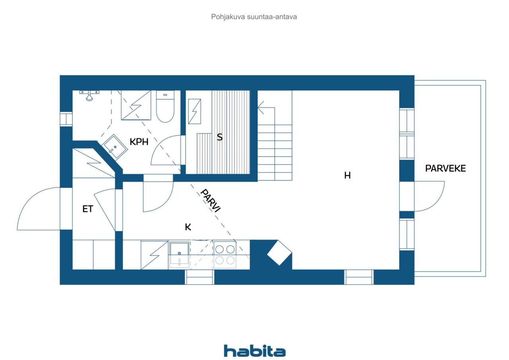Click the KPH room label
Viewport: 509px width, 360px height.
point(139,142)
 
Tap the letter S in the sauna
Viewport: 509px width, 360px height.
point(220,137)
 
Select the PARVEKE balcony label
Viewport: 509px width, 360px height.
point(445,168)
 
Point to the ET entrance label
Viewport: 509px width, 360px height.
point(88,209)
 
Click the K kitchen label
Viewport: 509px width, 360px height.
point(188,227)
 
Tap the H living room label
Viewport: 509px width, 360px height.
point(347,175)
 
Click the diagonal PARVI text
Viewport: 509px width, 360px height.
point(210,200)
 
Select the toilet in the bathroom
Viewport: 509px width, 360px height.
point(165,106)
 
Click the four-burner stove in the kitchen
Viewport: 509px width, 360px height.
point(225,255)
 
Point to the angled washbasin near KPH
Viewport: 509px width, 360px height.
point(115,147)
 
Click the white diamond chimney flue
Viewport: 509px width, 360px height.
point(279,253)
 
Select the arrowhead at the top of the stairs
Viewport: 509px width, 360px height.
point(260,107)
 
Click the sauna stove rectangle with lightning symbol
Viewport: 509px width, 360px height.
point(194,111)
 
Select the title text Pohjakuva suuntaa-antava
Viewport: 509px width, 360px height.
point(254,17)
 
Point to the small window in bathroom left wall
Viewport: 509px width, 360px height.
point(66,119)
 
